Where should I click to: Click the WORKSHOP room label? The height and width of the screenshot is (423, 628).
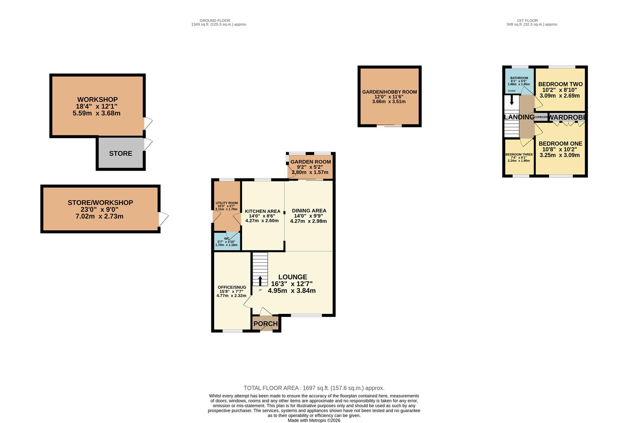coord(97,99)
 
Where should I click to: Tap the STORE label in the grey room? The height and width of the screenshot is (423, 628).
coord(121,154)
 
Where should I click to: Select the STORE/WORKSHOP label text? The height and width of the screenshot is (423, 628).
coord(100,202)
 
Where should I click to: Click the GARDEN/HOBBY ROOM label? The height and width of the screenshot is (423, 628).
coord(389,92)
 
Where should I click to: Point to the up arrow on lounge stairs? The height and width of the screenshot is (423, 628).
coord(260,280)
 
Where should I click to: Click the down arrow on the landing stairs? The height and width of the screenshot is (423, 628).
coord(511,101)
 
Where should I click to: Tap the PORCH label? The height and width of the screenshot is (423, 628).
coord(265,324)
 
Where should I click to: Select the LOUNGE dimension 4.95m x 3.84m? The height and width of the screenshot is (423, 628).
coord(292,291)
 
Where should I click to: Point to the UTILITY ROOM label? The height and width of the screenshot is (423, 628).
coord(227,203)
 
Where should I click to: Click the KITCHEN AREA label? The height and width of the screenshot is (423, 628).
coord(262,211)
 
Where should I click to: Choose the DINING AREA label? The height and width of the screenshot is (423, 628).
coord(309,211)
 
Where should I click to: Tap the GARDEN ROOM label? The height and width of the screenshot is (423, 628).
coord(310,162)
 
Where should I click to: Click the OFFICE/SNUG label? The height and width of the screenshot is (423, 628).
coord(232,287)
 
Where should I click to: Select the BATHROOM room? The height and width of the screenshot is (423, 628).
coord(519,81)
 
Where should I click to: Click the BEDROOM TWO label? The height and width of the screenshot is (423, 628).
coord(560,84)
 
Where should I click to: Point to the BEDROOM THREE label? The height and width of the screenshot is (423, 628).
coord(519,155)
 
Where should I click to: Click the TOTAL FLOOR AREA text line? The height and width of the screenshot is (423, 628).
coord(314,388)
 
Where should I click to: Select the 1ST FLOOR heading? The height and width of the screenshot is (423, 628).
coord(527,20)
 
